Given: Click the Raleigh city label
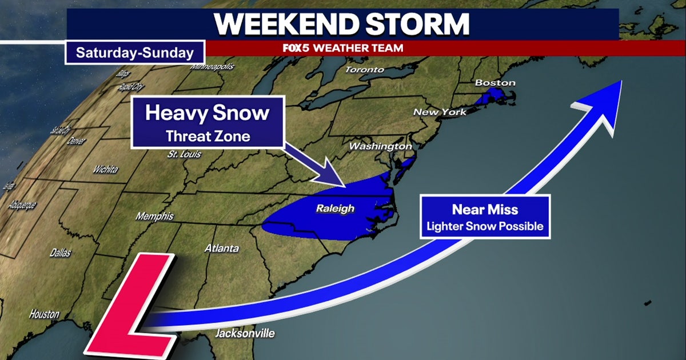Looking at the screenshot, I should pos(335,209).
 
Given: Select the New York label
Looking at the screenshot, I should pos(440,112).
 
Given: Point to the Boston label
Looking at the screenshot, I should pos(495,83).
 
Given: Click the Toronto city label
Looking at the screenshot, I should pos(365,70).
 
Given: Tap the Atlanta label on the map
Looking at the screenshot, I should pos(222,249).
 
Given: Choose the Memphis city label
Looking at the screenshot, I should pos(154,217).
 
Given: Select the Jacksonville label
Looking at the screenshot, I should pos(245,333).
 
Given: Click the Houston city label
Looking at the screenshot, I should pos(44,314).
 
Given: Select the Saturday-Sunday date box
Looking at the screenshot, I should pos(135,53).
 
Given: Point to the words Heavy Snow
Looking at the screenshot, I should pos(207,113).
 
